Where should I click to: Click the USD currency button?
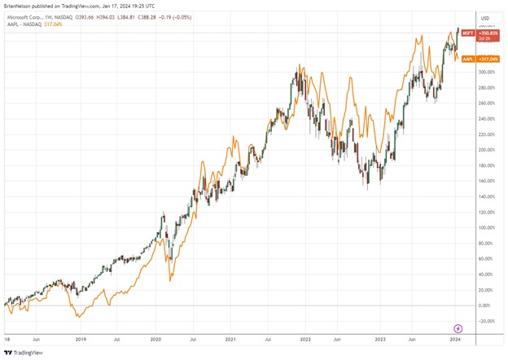[486, 18]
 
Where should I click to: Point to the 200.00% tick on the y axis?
[487, 150]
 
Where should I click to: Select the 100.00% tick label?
[487, 227]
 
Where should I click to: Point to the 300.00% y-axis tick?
[487, 72]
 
